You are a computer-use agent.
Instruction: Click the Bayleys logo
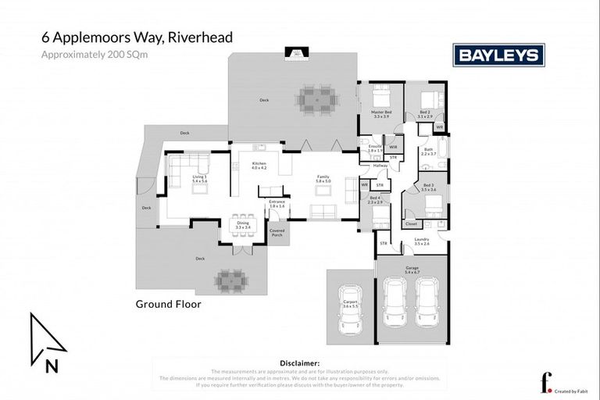(498, 55)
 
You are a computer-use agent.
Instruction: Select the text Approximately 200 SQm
(89, 55)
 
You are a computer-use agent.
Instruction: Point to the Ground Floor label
(168, 303)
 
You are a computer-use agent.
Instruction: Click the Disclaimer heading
(299, 363)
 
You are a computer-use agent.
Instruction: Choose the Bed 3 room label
(428, 187)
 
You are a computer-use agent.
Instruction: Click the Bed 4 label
(375, 199)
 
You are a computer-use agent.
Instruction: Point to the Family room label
(323, 178)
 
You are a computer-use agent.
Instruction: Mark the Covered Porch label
(277, 233)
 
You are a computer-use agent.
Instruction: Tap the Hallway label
(380, 166)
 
